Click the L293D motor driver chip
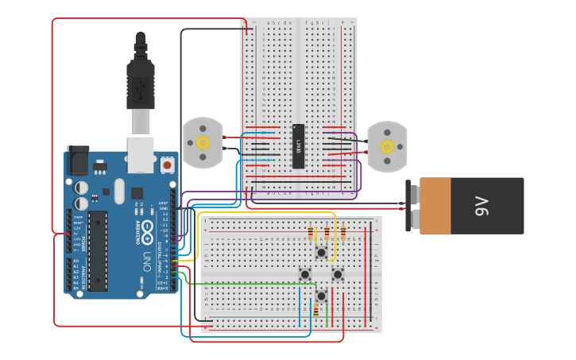[298, 146]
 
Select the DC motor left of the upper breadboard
[203, 143]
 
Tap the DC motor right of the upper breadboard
[387, 147]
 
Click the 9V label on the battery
[481, 207]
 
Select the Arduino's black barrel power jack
[78, 161]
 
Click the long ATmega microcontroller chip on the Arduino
[97, 250]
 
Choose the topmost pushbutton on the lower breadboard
[321, 253]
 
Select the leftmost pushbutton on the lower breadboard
[304, 274]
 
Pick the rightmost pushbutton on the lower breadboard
[338, 274]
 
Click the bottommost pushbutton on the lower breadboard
[321, 296]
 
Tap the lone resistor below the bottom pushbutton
[315, 311]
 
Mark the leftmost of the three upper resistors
[311, 233]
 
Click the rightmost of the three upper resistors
[343, 233]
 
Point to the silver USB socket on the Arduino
[141, 154]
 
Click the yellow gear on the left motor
[203, 143]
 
